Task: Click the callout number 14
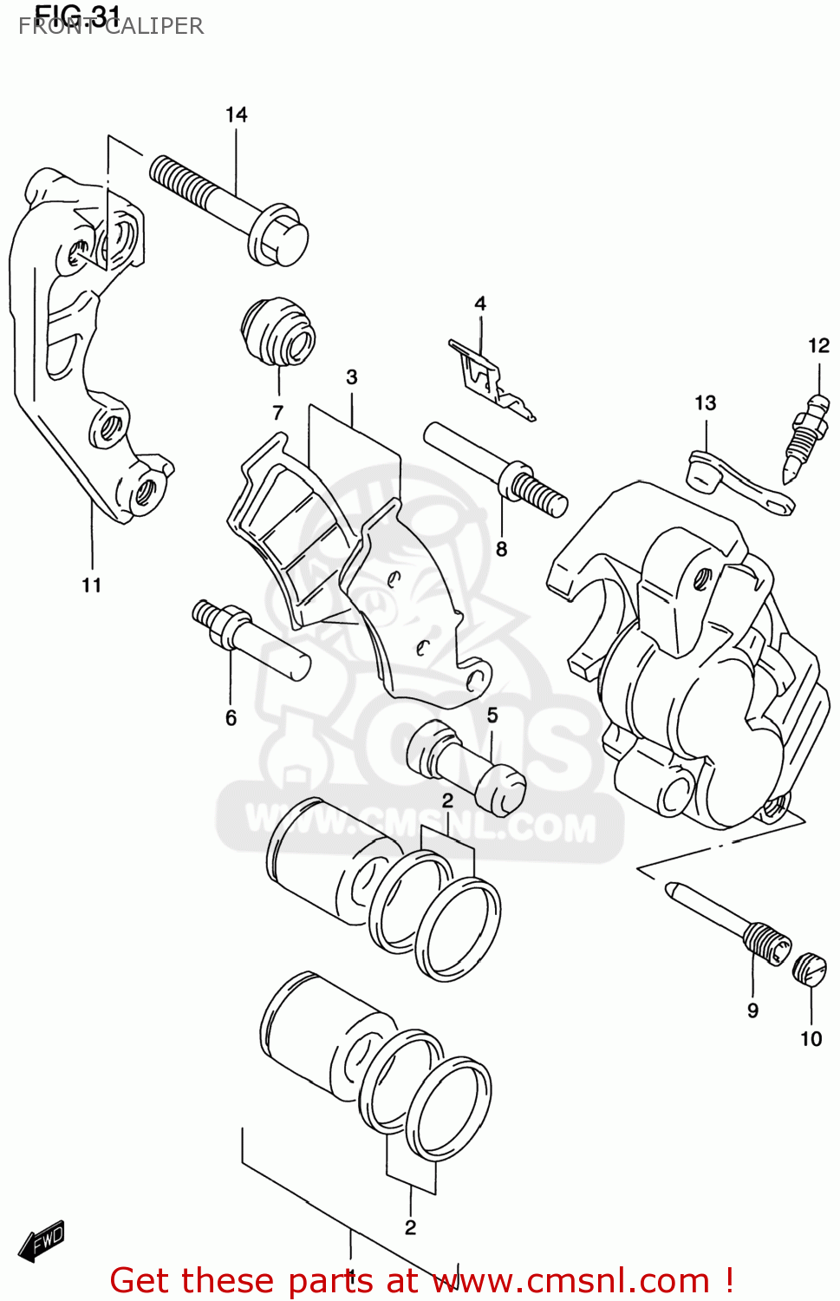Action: pos(236,114)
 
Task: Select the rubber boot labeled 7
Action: pos(277,333)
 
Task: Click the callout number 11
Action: pos(92,585)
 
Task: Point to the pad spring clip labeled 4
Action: pos(490,380)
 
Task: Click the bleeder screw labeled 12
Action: pos(804,438)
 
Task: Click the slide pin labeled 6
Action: pos(251,640)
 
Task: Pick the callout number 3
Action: pos(352,377)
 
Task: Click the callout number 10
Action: pos(811,1039)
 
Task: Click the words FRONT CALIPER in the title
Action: pos(111,27)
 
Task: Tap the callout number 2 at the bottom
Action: pos(410,1227)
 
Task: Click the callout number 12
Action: pos(818,346)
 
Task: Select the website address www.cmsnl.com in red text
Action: pos(571,1281)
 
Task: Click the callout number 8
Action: pos(501,549)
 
